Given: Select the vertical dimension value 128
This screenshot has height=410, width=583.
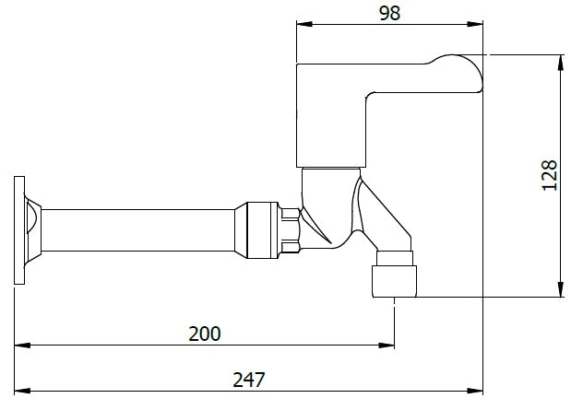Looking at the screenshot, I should click(551, 176).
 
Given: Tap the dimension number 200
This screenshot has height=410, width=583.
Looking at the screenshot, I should click(204, 333).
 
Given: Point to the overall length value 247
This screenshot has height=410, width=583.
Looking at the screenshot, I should click(248, 378).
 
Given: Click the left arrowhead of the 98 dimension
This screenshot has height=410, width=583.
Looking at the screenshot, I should click(302, 25).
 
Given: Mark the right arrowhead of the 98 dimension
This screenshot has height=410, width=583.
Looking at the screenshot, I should click(479, 25).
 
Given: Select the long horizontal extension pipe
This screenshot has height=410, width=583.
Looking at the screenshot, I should click(138, 229).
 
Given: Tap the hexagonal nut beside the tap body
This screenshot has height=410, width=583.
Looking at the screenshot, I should click(291, 229).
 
